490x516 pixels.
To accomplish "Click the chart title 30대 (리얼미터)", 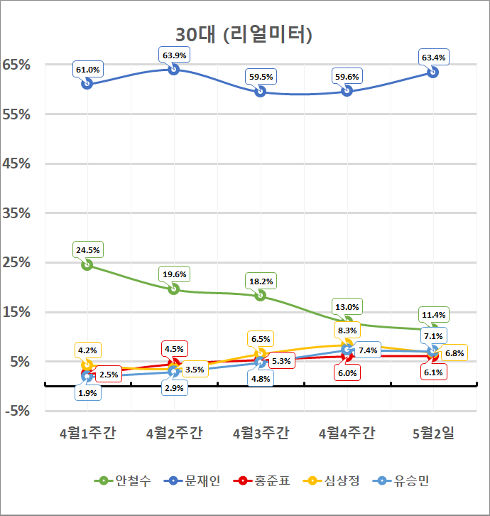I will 244,34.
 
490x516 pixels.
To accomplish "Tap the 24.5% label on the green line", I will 87,250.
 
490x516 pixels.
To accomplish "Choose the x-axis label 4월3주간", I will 261,434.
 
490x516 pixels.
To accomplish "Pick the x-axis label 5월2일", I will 433,434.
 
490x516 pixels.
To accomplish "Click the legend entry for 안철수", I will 121,481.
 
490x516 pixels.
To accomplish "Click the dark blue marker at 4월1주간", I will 87,83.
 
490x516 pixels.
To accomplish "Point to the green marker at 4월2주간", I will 173,289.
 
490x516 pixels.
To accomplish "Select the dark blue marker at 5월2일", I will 433,72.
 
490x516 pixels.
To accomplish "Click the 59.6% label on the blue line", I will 347,77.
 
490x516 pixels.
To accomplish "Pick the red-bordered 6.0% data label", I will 347,372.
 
